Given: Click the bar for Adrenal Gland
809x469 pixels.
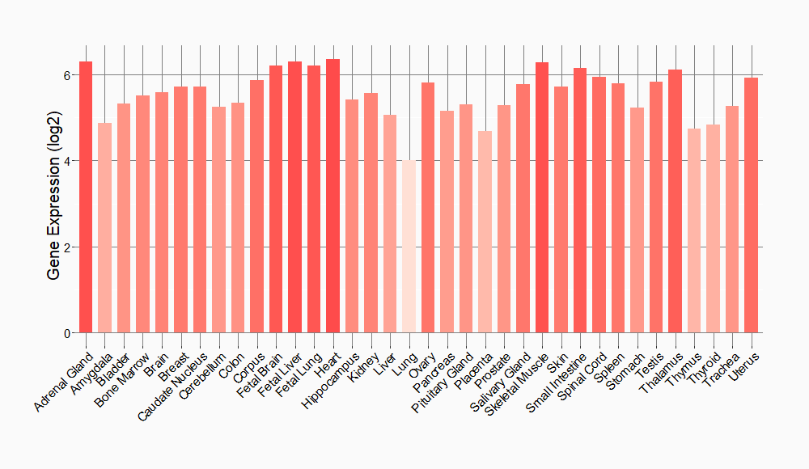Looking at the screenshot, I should pos(86,197).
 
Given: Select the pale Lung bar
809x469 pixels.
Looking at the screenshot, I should pos(409,247).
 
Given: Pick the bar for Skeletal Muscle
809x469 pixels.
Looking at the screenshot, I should pos(542,197).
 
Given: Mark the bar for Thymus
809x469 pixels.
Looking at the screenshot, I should pos(694,230).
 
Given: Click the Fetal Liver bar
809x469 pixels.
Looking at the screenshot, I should pos(294,197).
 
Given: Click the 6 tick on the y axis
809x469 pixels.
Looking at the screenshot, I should pos(68,75).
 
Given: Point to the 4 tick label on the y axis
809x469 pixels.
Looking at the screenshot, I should pos(68,161).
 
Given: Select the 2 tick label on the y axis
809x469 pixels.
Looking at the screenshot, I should pos(68,247).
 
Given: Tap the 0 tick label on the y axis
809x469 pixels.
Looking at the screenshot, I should pos(68,333).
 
